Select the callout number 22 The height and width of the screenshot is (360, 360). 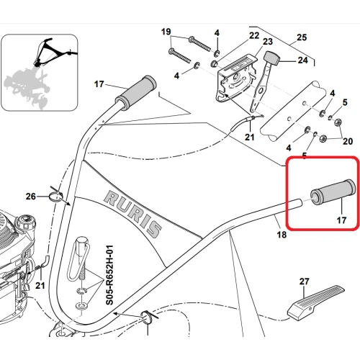pos(234,35)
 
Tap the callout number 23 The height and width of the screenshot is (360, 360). pos(246,42)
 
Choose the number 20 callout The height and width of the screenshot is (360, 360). pos(348,140)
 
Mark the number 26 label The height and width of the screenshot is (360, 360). pos(30,196)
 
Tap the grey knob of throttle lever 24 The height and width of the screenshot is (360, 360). pos(271,58)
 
